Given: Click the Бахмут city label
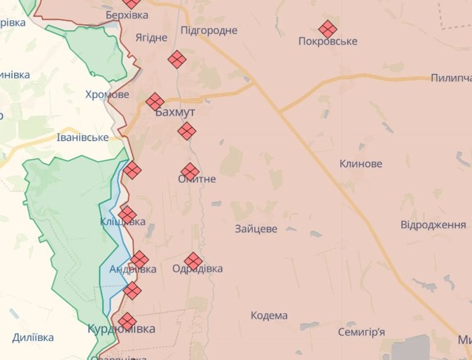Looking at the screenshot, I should [x=175, y=112].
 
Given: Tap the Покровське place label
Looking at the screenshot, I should [x=328, y=41].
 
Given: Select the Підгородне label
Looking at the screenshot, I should [x=209, y=30].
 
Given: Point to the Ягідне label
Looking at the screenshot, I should [x=151, y=37].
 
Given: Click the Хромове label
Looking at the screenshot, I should [x=107, y=94].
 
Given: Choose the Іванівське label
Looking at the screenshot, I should [x=82, y=138].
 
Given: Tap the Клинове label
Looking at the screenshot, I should [x=361, y=164].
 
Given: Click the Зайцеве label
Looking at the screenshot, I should [x=256, y=229].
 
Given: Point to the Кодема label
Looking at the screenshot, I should [x=269, y=315].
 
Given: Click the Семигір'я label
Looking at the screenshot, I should [x=362, y=332].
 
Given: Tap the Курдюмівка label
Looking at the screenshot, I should [x=121, y=329].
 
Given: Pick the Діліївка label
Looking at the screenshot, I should [x=33, y=338].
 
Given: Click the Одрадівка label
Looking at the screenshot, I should [x=198, y=269].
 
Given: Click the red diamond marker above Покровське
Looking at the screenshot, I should [x=328, y=29].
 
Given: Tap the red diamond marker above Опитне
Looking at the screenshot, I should [x=189, y=171].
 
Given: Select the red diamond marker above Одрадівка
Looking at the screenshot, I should [x=193, y=260].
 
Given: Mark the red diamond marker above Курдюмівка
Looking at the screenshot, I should [x=128, y=320].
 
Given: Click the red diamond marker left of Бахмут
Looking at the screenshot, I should [x=155, y=101].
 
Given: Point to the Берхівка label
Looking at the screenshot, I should [x=127, y=15].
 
